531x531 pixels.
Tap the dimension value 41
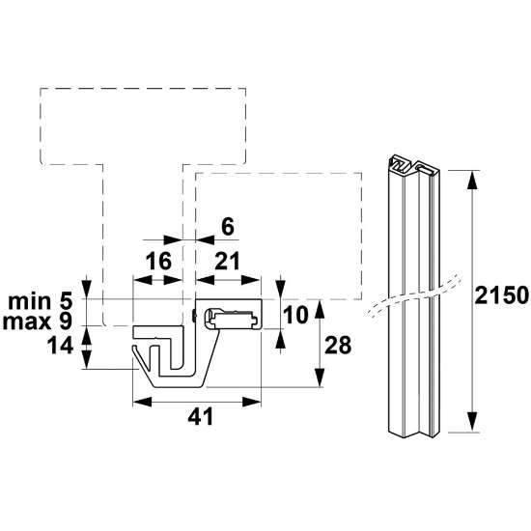(199, 416)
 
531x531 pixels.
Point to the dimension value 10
(298, 316)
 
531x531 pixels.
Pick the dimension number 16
(157, 260)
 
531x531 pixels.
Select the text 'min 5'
(42, 299)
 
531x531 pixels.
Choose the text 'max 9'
(41, 320)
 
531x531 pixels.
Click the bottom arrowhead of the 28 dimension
(319, 383)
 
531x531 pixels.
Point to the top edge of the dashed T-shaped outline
(142, 88)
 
